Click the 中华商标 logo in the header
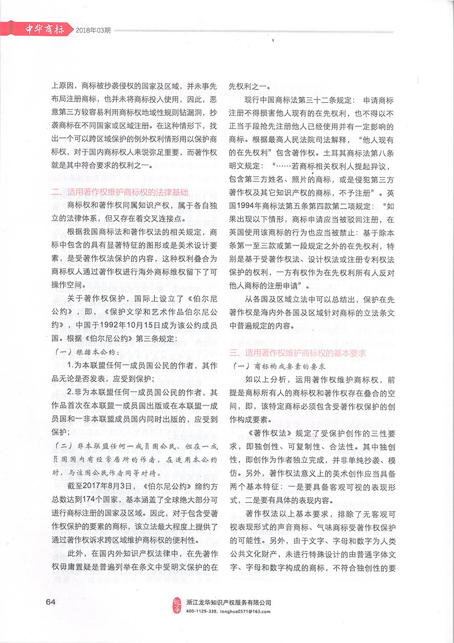tap(45, 29)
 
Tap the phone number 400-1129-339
tap(201, 611)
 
